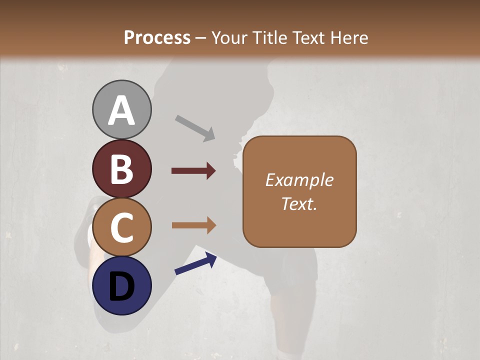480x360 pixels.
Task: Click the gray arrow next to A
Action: click(195, 128)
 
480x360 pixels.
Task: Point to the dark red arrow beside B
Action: click(193, 171)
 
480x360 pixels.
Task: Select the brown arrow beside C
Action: click(193, 225)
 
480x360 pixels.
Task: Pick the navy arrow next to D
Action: click(195, 264)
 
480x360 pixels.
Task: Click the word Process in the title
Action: click(157, 37)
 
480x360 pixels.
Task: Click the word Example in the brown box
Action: click(299, 180)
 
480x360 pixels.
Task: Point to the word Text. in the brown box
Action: click(299, 204)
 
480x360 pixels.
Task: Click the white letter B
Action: click(121, 169)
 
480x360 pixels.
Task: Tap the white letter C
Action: click(121, 227)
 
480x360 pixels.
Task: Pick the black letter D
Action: click(121, 286)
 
